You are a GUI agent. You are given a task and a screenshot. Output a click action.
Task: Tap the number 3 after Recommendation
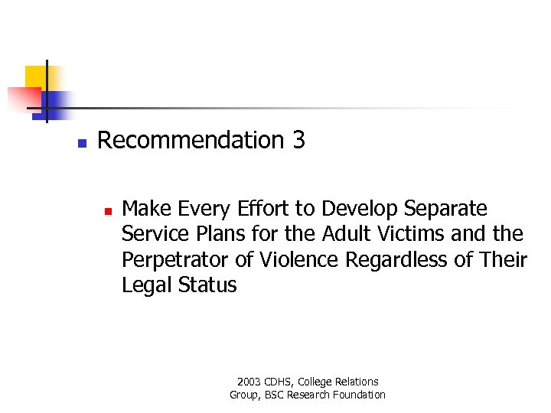pyautogui.click(x=298, y=141)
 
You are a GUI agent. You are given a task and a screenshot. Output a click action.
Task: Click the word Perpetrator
pyautogui.click(x=175, y=261)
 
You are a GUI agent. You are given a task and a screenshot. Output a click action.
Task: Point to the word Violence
pyautogui.click(x=300, y=261)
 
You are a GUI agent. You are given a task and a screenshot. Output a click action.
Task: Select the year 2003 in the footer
pyautogui.click(x=249, y=382)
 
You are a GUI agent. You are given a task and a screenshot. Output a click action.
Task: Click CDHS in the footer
pyautogui.click(x=279, y=382)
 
